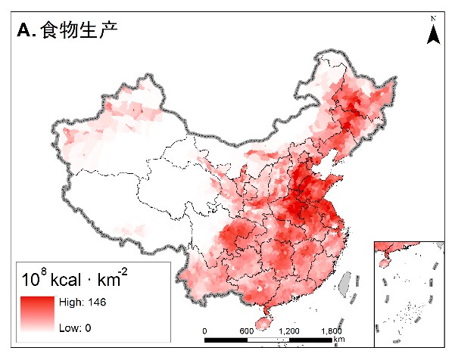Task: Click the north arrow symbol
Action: coord(433,33)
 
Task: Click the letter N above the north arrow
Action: coord(433,17)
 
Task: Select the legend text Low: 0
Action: coord(75,328)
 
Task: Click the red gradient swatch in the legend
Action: coord(38,314)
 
